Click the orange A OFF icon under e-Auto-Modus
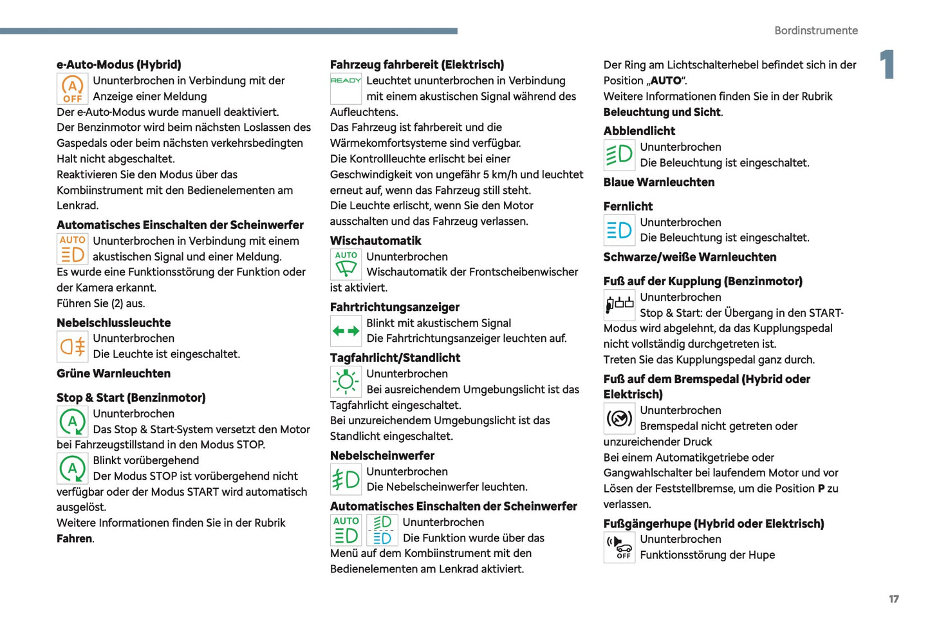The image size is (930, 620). pyautogui.click(x=72, y=89)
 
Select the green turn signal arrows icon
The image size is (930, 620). pyautogui.click(x=346, y=331)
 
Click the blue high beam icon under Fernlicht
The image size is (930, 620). pyautogui.click(x=619, y=230)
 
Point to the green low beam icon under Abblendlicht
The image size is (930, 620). pyautogui.click(x=619, y=155)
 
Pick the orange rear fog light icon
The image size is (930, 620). pyautogui.click(x=72, y=346)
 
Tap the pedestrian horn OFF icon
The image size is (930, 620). pyautogui.click(x=619, y=547)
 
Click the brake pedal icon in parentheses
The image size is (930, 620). pyautogui.click(x=619, y=418)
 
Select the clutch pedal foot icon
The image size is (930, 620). pyautogui.click(x=619, y=305)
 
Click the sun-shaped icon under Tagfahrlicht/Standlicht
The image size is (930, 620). pyautogui.click(x=346, y=382)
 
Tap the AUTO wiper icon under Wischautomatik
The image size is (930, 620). pyautogui.click(x=346, y=264)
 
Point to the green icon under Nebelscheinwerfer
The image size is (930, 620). pyautogui.click(x=346, y=480)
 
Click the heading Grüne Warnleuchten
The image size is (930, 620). pyautogui.click(x=113, y=373)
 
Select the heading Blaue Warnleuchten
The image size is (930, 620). pyautogui.click(x=658, y=182)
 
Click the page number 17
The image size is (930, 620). pyautogui.click(x=893, y=599)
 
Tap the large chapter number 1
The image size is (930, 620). pyautogui.click(x=888, y=64)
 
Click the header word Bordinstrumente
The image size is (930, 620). pyautogui.click(x=815, y=30)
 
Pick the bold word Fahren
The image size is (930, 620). pyautogui.click(x=75, y=539)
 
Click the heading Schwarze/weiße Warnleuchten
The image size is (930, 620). pyautogui.click(x=689, y=257)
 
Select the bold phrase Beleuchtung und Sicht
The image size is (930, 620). pyautogui.click(x=662, y=112)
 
